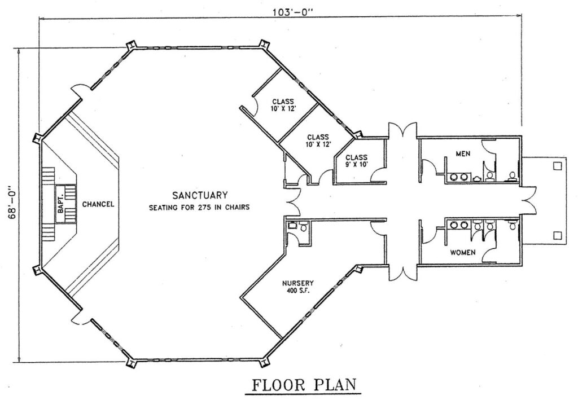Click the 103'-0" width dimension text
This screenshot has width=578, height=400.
[292, 12]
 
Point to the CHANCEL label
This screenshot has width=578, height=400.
[98, 204]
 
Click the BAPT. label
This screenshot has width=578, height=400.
[60, 204]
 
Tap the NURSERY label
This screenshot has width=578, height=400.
[298, 283]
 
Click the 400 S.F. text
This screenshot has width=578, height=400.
[298, 290]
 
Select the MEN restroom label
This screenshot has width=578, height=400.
[463, 153]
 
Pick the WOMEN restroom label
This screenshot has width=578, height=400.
[463, 253]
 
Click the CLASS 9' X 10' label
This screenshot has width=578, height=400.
[357, 161]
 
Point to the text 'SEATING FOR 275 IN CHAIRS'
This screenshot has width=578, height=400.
[199, 208]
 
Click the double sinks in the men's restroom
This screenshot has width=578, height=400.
[458, 177]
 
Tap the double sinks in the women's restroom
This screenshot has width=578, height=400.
[459, 225]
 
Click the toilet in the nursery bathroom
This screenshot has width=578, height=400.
[304, 227]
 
